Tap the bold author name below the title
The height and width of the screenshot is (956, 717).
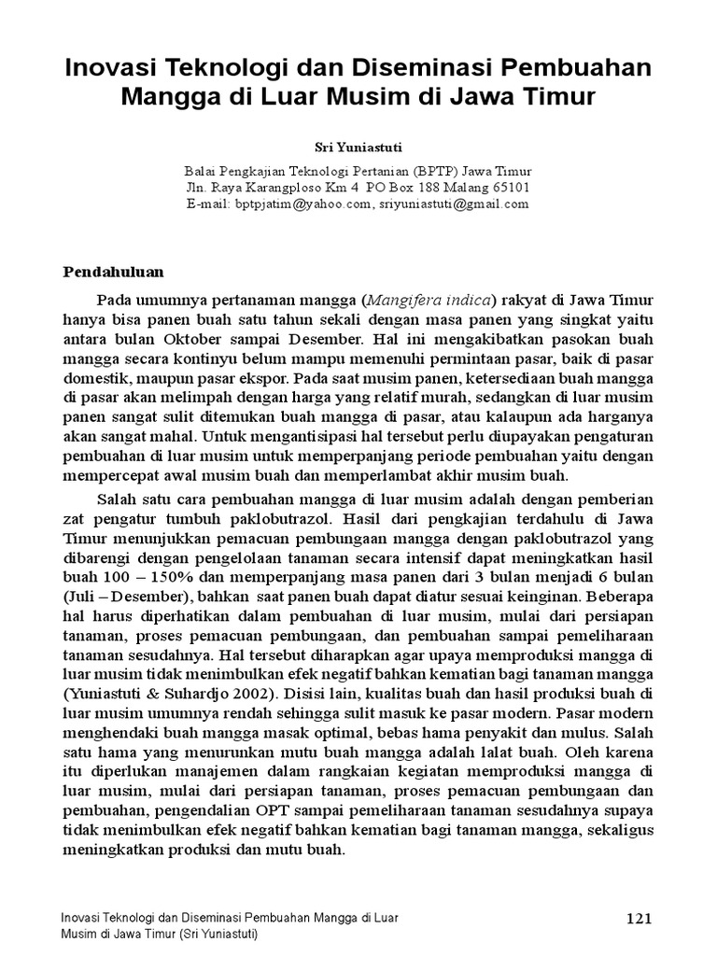(x=358, y=146)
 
